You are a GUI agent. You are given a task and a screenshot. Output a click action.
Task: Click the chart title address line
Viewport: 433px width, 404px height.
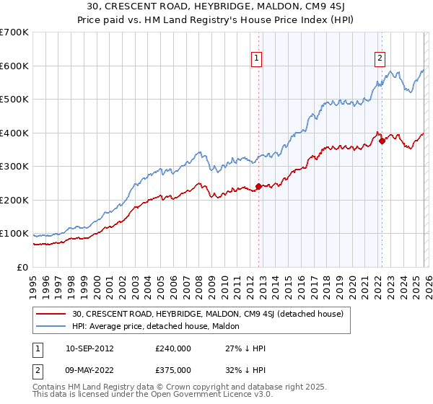click(216, 7)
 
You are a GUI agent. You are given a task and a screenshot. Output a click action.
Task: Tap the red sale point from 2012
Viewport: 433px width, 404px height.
click(258, 187)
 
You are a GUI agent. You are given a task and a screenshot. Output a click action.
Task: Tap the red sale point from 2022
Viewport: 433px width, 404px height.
click(381, 141)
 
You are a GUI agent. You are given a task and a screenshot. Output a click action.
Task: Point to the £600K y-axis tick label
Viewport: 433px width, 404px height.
click(14, 66)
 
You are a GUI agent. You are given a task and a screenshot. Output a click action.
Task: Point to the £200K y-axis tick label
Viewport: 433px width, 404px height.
click(14, 200)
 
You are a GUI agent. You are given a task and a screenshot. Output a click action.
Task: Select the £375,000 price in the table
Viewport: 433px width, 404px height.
click(172, 369)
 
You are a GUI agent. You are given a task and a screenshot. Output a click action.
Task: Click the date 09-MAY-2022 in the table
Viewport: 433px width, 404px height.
click(89, 369)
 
